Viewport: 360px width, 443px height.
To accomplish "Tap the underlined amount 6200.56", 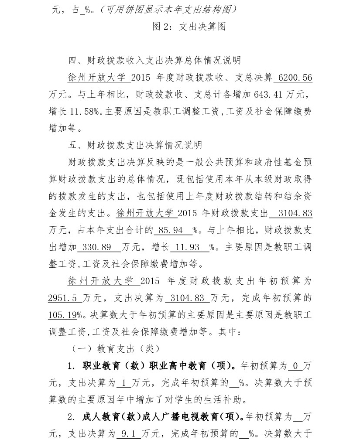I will click(295, 78).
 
